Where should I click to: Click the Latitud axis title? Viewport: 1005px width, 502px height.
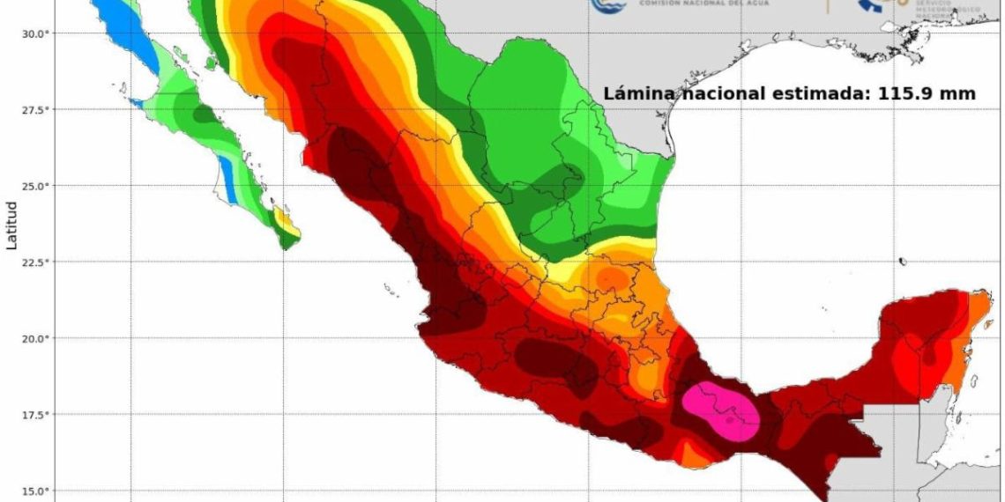pos(11,225)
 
